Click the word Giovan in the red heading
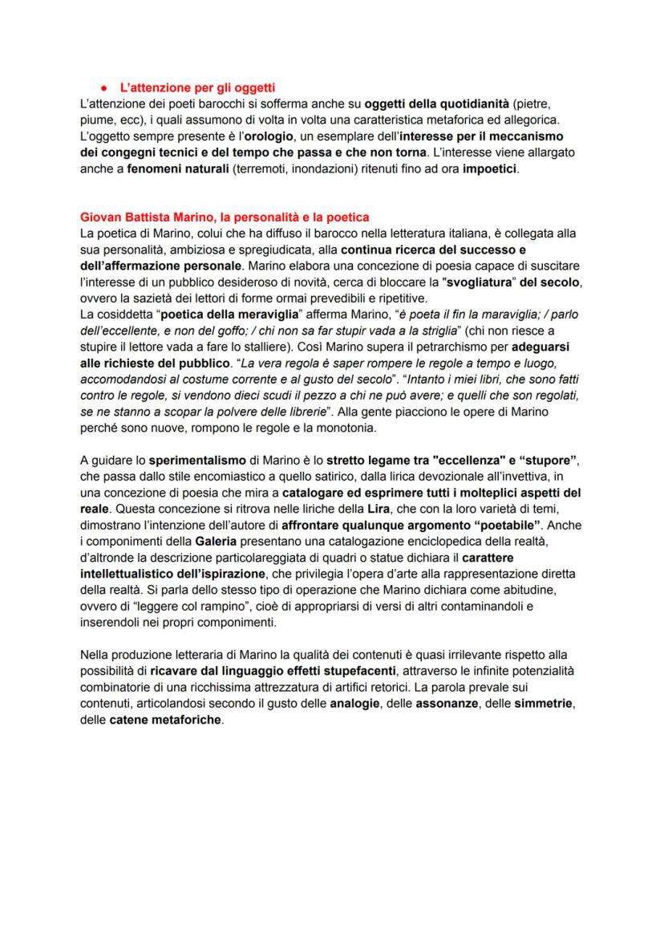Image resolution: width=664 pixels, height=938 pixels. coord(100,217)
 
